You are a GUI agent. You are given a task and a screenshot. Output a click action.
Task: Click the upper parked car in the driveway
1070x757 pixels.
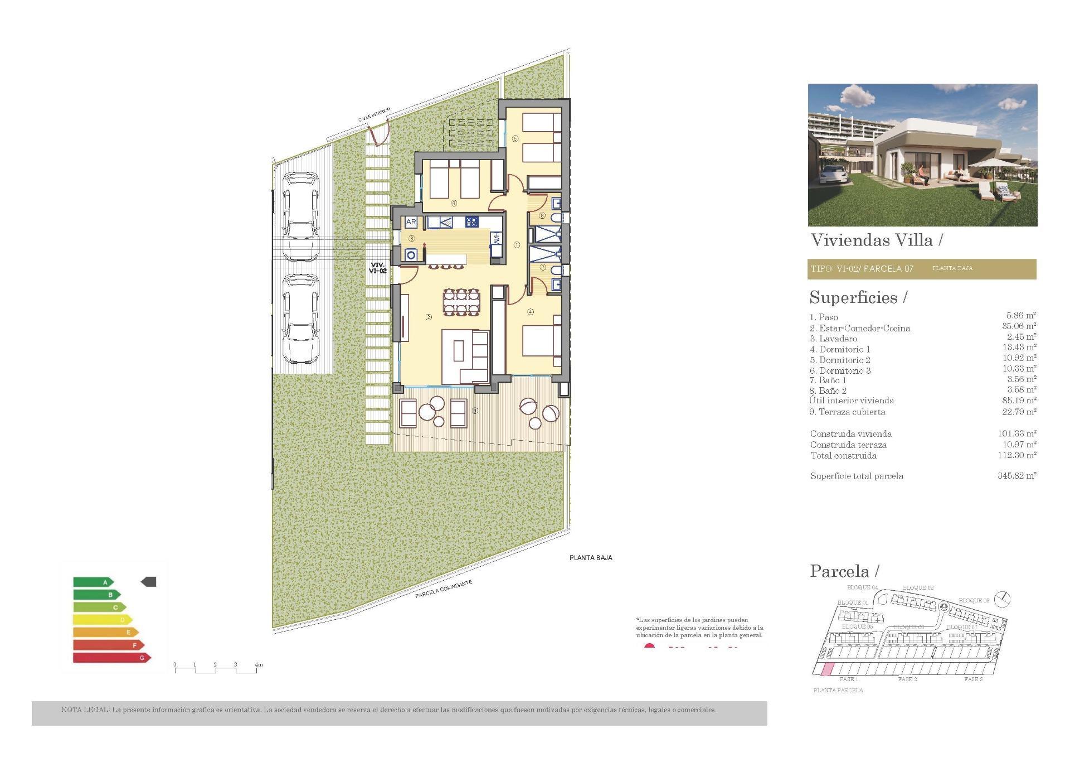coord(301,215)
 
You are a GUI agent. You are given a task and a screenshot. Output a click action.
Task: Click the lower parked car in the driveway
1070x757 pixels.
coord(301,318)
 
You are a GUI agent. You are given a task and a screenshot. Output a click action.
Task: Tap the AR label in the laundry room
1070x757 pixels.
coord(411,222)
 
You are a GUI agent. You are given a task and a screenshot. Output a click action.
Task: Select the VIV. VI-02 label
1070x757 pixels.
coord(377,268)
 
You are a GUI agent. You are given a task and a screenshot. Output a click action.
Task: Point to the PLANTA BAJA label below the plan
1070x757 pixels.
coord(591,557)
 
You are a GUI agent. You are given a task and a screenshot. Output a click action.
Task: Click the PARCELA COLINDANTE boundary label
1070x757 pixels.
coord(444,589)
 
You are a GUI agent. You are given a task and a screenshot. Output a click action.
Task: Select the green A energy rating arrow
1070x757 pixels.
coord(94,582)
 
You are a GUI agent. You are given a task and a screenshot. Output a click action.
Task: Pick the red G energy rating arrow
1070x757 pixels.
coord(111,658)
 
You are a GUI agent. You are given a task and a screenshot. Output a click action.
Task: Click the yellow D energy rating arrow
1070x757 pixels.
coord(103,620)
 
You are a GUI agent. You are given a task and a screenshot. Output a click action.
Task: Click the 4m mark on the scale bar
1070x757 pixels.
coord(258,665)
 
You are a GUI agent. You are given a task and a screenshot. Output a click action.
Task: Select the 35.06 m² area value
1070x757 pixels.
coord(1019,326)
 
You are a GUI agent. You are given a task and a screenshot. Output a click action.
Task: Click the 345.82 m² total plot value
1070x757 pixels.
coord(1016,476)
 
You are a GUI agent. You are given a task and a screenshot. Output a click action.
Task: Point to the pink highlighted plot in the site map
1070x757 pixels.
coord(828,669)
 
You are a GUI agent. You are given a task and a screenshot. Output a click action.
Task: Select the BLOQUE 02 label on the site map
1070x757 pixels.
coord(918,587)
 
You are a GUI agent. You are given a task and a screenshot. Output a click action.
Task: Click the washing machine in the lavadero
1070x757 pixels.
coord(411,255)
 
